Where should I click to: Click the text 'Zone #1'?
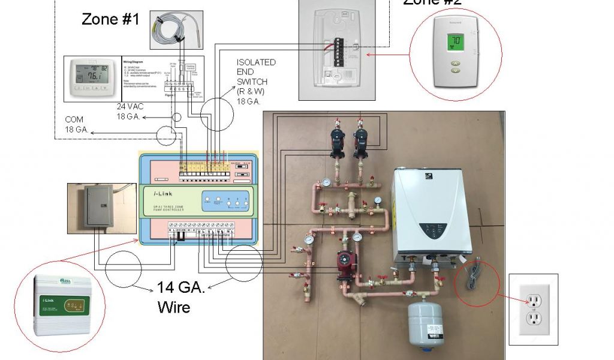110,19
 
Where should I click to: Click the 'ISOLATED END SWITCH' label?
256,75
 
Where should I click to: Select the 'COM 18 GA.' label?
77,124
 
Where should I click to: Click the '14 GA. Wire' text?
181,297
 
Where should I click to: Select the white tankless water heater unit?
431,213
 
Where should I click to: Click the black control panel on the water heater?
439,231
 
